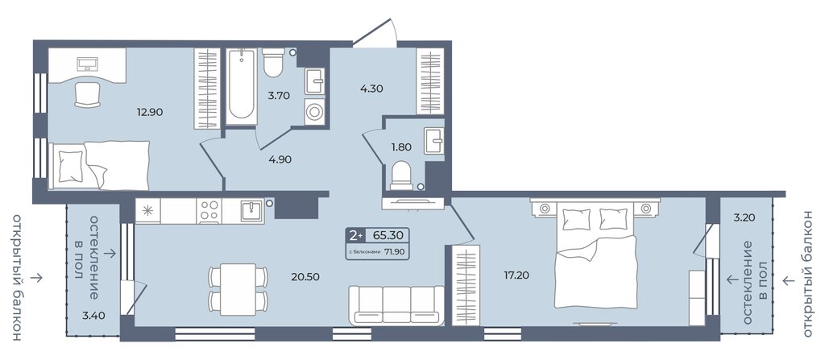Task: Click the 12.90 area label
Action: coord(149,112)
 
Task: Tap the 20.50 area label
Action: coord(305,277)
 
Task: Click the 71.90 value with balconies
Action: coord(394,251)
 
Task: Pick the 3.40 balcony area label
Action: coord(93,316)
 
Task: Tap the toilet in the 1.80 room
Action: coord(401,176)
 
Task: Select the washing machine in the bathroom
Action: coord(315,112)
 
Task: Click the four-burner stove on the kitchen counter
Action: coord(210,211)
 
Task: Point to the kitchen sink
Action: coord(251,211)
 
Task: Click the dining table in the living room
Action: coord(238,289)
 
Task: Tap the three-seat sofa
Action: coord(396,305)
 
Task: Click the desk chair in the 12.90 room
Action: coord(87,95)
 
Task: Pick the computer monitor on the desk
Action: coord(87,64)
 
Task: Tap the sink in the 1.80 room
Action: coord(434,136)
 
